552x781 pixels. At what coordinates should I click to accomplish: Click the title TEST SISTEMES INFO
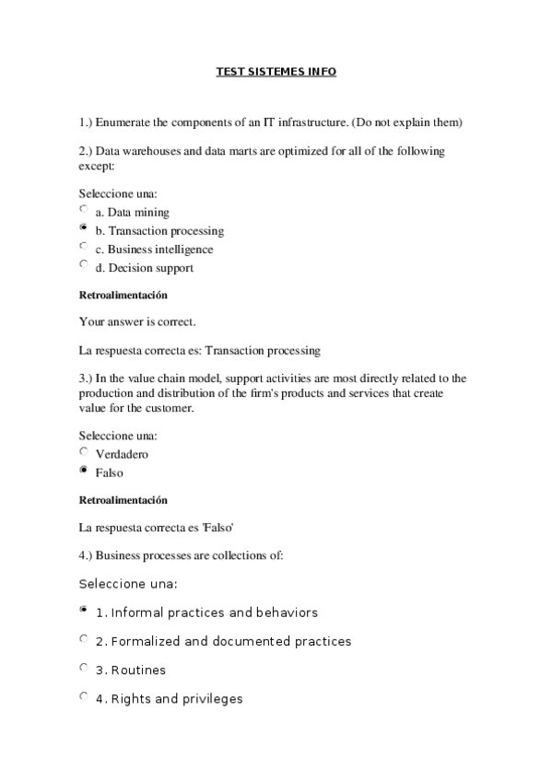(276, 71)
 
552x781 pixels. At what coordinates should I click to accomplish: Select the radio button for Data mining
(84, 210)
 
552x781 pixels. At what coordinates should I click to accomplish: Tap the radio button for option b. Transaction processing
(84, 228)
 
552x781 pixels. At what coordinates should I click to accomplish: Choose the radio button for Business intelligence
(84, 247)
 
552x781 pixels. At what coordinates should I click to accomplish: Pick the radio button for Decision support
(84, 265)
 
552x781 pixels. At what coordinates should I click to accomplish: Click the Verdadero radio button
(84, 451)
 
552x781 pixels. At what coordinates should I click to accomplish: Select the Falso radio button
(84, 471)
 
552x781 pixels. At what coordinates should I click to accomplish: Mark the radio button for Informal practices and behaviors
(84, 610)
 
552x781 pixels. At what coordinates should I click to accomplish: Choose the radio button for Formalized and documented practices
(84, 638)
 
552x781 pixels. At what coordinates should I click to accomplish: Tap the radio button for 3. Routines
(84, 668)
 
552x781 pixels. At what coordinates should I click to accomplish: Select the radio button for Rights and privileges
(84, 696)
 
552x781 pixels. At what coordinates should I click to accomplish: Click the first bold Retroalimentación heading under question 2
(123, 296)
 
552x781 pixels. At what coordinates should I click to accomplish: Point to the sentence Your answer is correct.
(137, 322)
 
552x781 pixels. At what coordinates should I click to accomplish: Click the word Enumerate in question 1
(123, 122)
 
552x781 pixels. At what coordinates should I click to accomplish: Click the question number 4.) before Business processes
(86, 555)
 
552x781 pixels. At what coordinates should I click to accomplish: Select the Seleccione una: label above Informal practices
(127, 584)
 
